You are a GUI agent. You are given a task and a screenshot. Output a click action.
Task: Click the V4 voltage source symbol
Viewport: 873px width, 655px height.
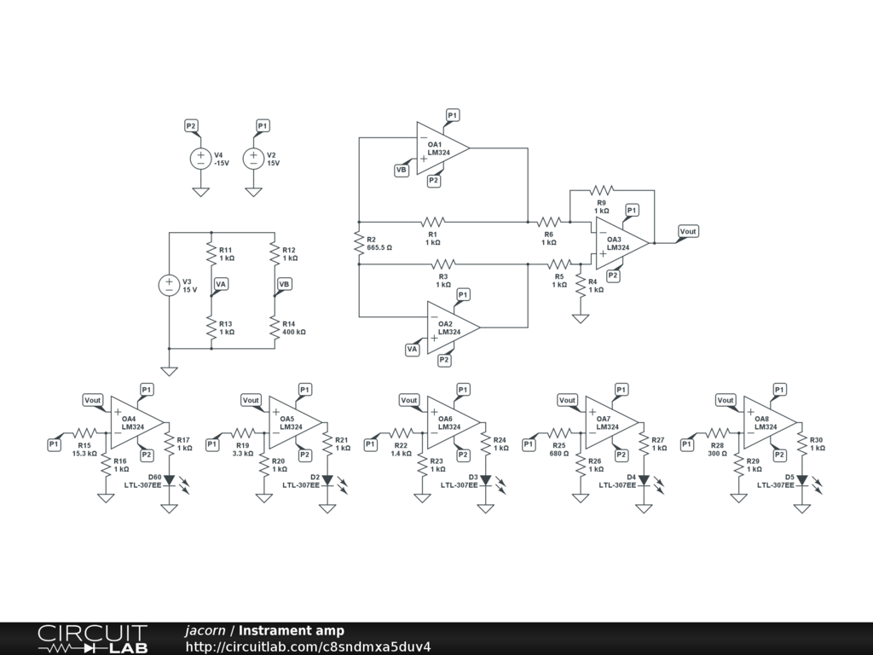click(200, 158)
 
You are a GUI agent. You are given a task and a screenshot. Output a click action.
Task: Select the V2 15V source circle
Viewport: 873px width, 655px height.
click(253, 158)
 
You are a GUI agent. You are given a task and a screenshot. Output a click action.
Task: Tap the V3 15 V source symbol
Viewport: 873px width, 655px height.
click(169, 286)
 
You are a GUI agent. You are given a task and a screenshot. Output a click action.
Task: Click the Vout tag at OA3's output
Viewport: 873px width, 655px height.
click(688, 231)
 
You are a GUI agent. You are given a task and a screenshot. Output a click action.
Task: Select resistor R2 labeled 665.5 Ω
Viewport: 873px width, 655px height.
click(359, 243)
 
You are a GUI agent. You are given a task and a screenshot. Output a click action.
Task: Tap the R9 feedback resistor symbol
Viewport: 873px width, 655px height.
click(602, 189)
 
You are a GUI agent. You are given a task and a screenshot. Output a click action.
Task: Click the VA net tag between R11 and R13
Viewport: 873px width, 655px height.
click(221, 284)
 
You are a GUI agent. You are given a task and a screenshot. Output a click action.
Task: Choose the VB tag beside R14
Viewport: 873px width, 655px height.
click(284, 284)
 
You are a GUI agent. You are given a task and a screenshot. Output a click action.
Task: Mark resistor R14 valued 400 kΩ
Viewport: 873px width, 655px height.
click(275, 328)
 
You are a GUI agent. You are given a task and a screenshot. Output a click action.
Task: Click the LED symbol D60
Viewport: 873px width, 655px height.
click(169, 480)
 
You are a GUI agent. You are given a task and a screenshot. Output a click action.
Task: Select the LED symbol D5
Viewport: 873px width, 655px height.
click(801, 480)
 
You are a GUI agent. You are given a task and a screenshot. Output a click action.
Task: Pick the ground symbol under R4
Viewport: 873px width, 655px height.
click(581, 318)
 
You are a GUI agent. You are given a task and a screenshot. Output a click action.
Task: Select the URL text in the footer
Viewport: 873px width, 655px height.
click(308, 646)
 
